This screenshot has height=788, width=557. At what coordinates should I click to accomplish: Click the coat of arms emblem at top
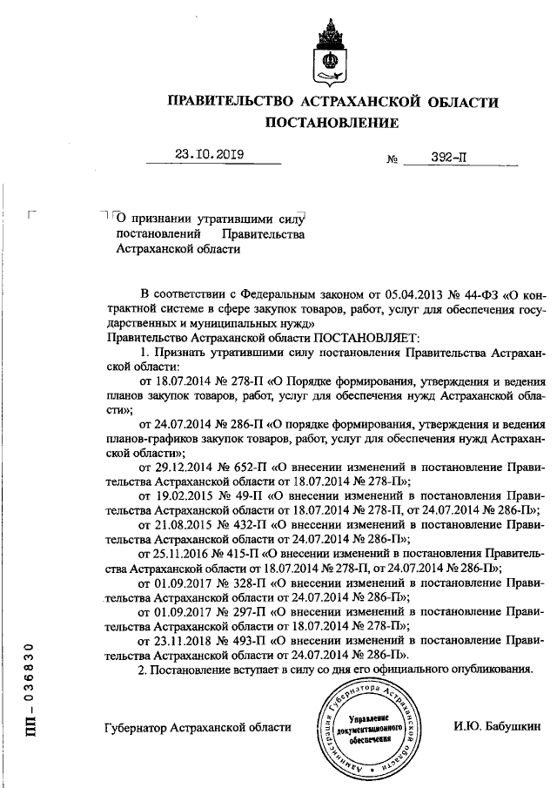[331, 55]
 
